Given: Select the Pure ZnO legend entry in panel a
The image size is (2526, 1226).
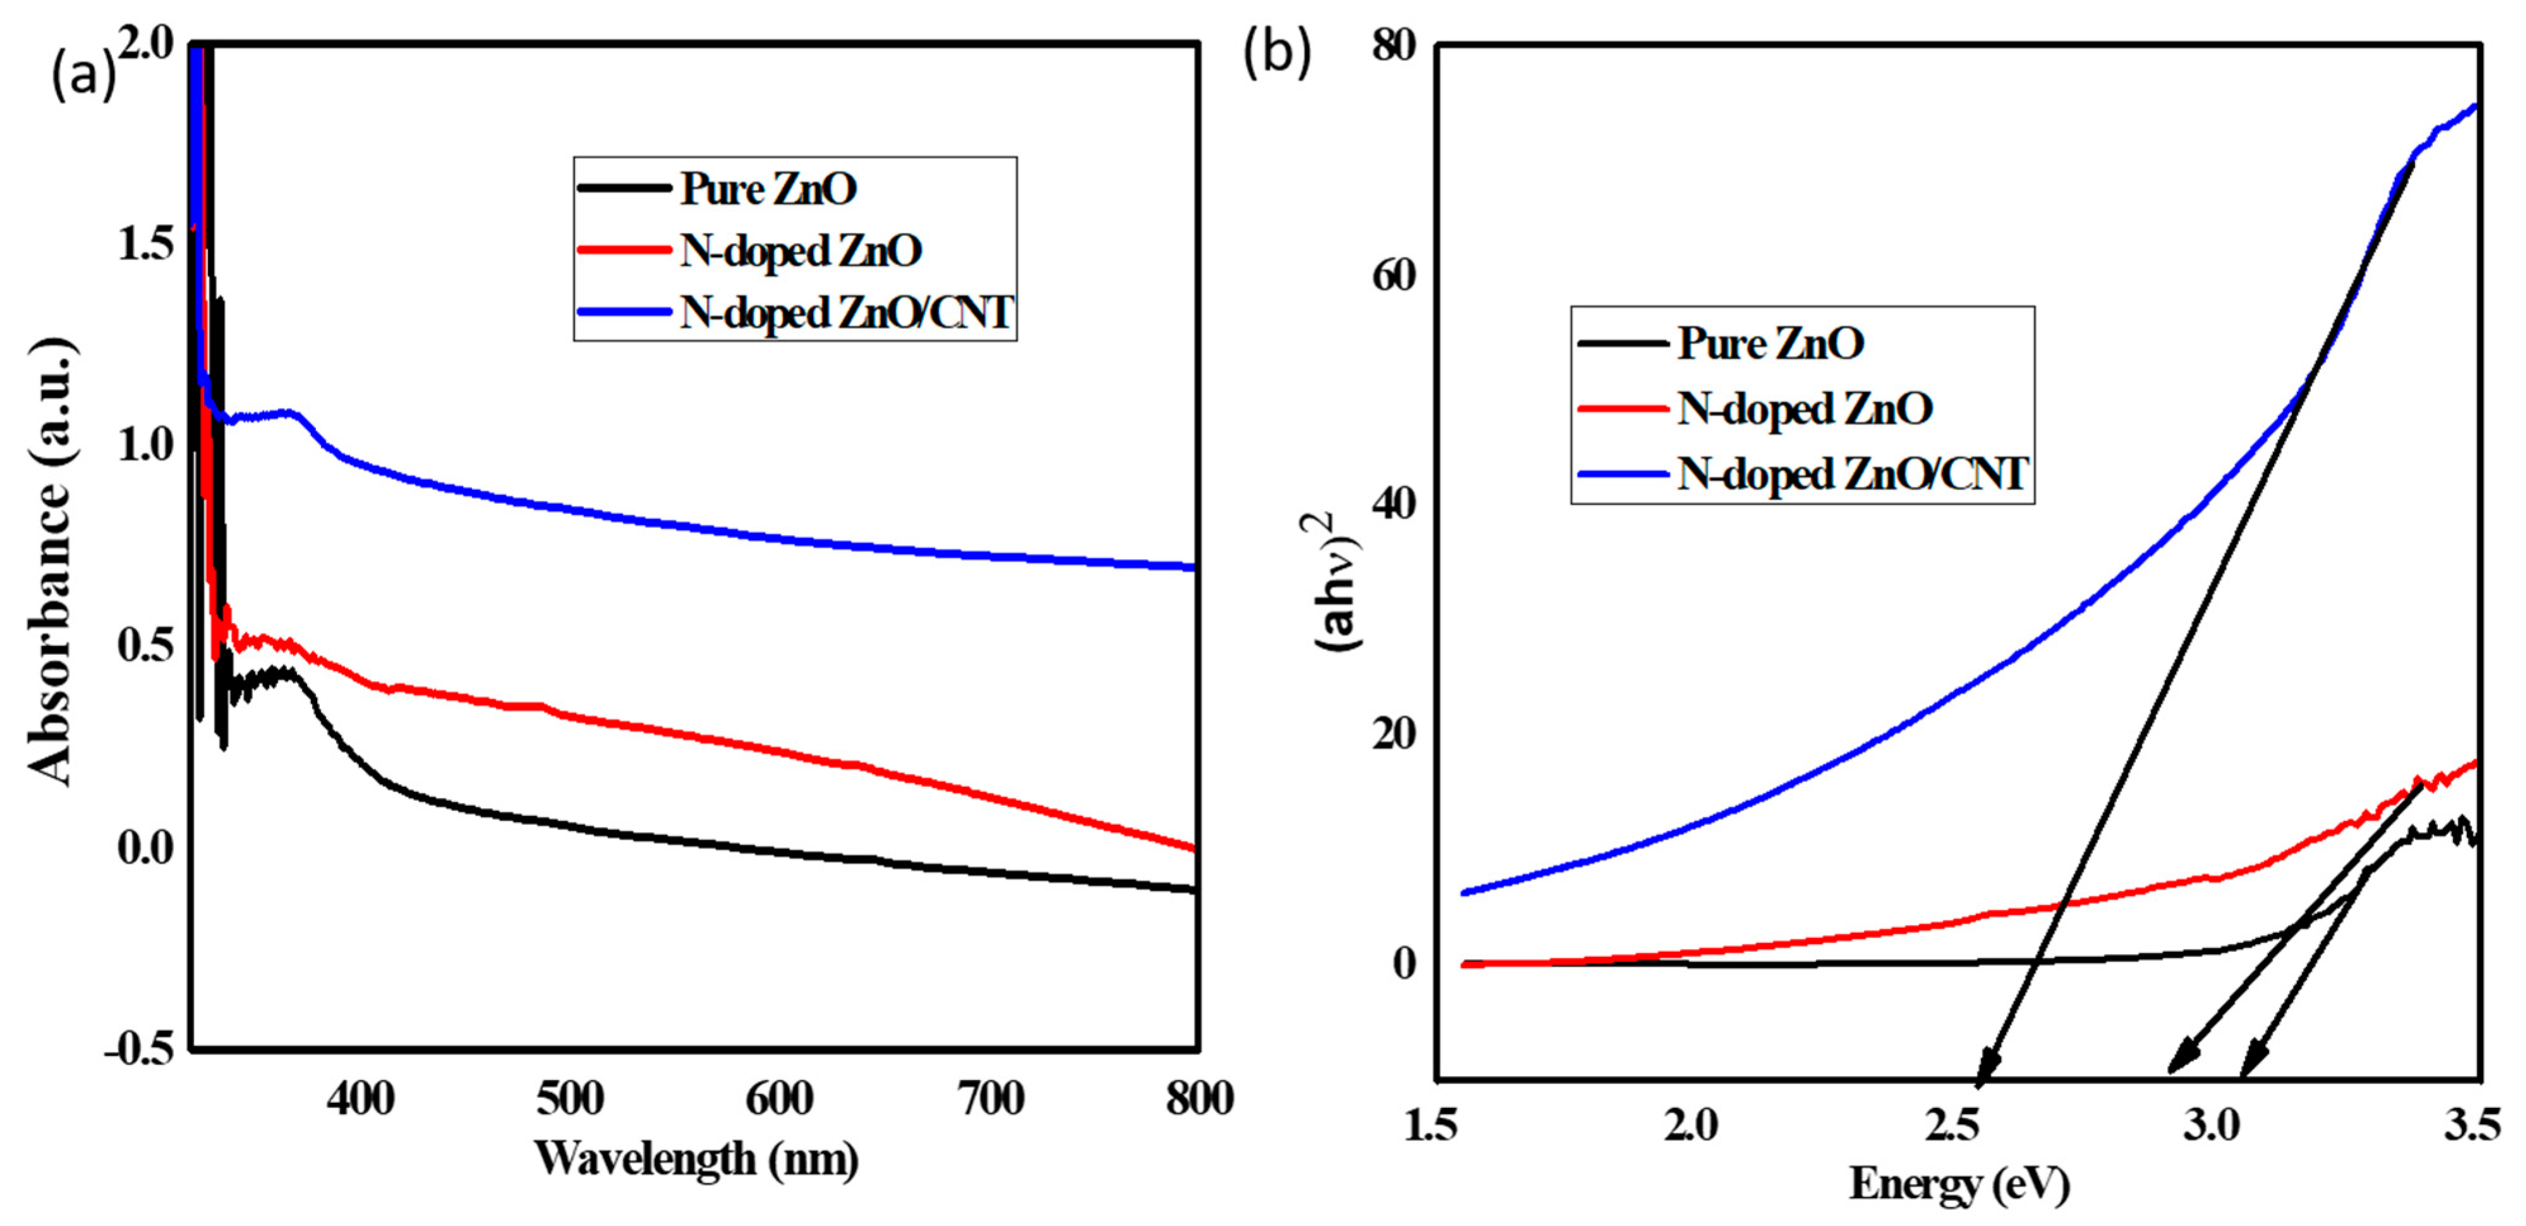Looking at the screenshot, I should pos(768,188).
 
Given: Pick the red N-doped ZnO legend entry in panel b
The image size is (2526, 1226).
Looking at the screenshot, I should pos(1804,408).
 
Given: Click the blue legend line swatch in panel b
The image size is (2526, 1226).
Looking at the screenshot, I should pos(1623,474).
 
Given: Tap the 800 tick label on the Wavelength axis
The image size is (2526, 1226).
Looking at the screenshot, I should pos(1198,1098).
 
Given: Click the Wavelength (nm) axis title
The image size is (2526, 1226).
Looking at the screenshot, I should pos(697,1159).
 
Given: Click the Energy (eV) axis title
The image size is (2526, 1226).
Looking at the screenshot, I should pos(1960,1184).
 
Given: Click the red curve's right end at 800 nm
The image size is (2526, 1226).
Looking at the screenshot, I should pos(1193,847).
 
